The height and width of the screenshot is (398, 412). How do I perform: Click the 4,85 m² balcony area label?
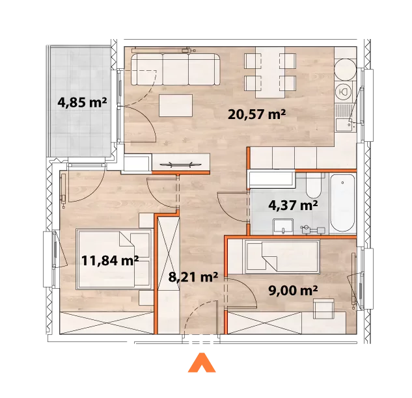[x=82, y=102]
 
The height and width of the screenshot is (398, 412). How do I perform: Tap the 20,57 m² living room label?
[x=256, y=114]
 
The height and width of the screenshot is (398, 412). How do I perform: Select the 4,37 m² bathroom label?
[x=293, y=205]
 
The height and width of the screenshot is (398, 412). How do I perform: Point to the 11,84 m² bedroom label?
[x=110, y=261]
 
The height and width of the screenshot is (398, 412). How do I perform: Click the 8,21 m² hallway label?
[x=193, y=277]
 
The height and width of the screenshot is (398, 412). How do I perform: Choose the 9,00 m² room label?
[x=293, y=290]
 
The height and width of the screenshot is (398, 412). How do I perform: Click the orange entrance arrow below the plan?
[x=202, y=362]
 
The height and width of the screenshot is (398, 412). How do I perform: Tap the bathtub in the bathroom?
[x=342, y=203]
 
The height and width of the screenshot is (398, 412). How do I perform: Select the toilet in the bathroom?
[x=314, y=187]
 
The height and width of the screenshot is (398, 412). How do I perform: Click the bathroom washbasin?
[x=283, y=227]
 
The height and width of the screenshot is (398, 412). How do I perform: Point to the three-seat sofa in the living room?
[x=176, y=70]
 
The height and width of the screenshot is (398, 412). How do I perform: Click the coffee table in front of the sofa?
[x=176, y=106]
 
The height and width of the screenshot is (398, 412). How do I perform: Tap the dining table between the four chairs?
[x=270, y=72]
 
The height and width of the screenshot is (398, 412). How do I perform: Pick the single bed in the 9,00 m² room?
[x=282, y=257]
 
